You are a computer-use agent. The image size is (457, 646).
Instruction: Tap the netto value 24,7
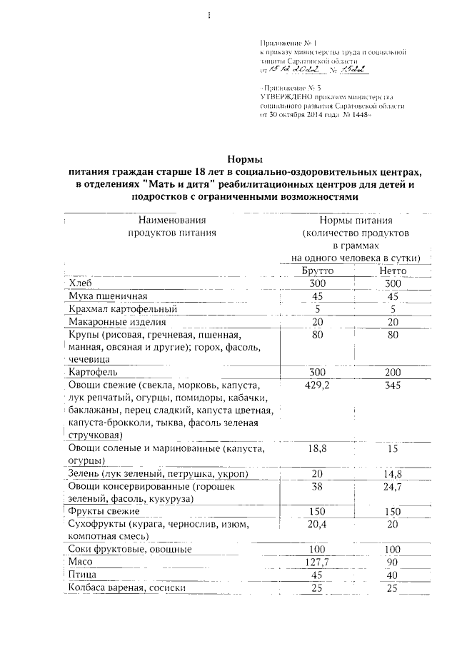pos(388,487)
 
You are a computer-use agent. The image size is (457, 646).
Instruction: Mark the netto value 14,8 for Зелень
pos(388,475)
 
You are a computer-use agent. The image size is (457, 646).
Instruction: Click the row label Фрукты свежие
pos(104,512)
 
